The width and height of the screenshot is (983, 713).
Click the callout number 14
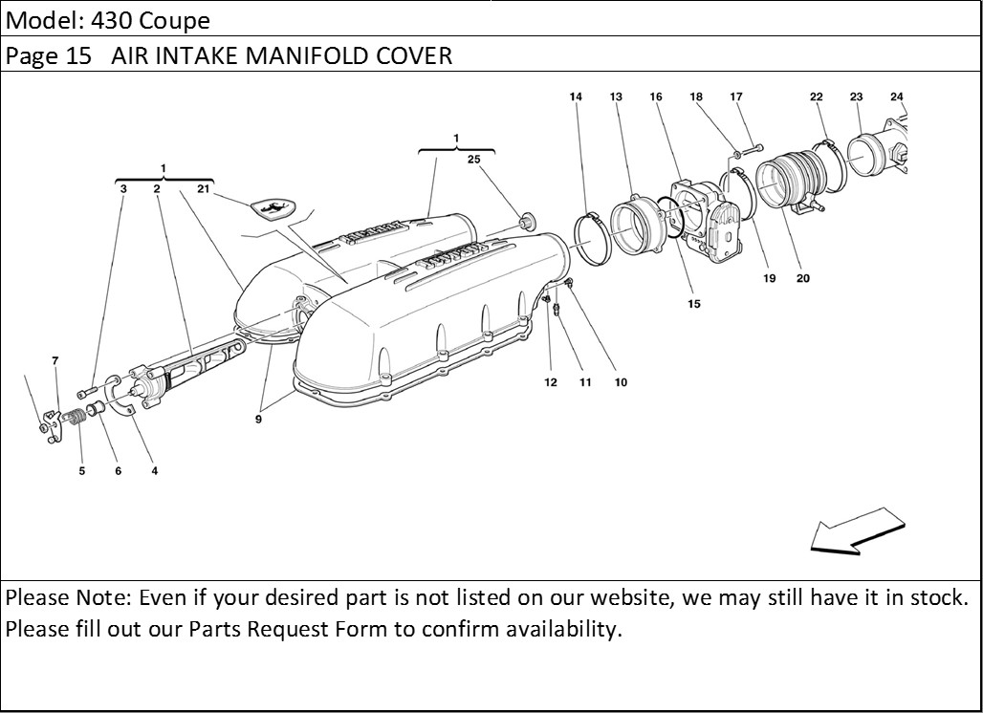click(576, 97)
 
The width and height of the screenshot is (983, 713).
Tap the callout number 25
click(473, 160)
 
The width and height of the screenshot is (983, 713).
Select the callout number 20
click(802, 279)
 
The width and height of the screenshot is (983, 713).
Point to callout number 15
click(693, 304)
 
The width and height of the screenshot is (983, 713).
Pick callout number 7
click(55, 360)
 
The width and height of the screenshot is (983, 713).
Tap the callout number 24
click(896, 97)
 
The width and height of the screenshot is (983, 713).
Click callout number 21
click(203, 188)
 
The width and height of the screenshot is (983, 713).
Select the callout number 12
click(550, 382)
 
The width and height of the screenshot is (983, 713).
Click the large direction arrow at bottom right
click(857, 531)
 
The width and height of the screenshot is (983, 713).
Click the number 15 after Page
click(78, 55)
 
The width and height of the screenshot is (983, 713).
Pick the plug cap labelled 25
click(525, 224)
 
